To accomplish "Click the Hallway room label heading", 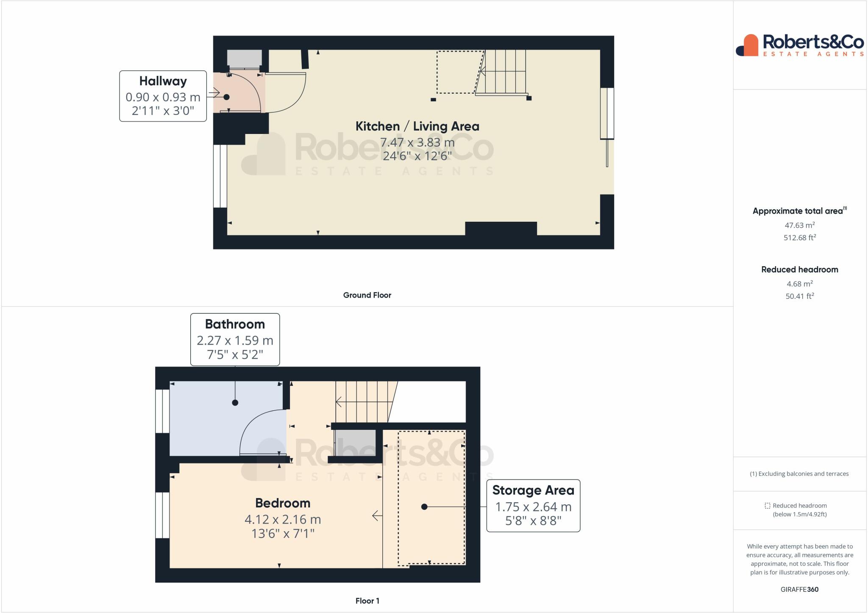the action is pos(163,81).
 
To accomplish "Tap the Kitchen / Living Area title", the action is pos(417,126).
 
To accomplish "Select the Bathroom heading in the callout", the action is pos(235,324).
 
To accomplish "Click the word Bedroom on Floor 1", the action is pos(283,503).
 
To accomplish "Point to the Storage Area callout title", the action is pos(533,490).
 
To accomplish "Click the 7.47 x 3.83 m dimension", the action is pos(417,142).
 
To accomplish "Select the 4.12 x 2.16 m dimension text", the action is pos(283,519).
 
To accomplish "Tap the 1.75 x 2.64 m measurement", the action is pos(533,507).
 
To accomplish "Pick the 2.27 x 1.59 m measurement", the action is pos(235,340).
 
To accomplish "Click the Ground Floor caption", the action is pos(367,295).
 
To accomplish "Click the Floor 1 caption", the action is pos(367,601).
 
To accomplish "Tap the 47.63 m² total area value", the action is pos(800,225).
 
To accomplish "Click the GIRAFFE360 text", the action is pos(799,589).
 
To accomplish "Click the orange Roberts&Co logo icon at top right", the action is pos(747,45).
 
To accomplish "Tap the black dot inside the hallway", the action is pos(226,97).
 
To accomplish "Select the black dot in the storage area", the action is pos(424,507).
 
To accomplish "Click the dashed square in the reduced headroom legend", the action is pos(767,506).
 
